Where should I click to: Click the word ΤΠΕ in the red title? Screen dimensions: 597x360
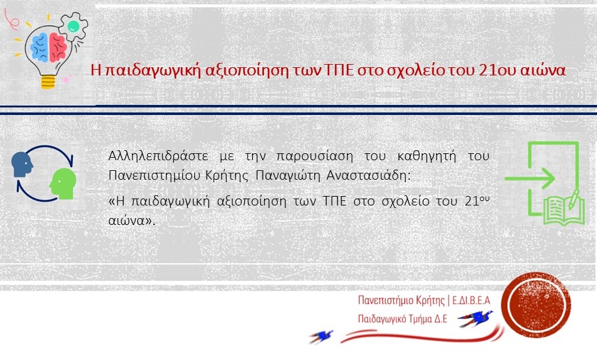(x=339, y=70)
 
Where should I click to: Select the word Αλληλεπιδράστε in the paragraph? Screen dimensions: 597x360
(x=158, y=156)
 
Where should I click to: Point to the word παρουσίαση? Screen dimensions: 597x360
(x=315, y=156)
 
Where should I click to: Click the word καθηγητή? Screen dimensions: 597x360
(x=427, y=156)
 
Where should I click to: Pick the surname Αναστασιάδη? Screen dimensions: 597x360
(x=368, y=175)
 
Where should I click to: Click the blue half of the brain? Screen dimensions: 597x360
(x=39, y=47)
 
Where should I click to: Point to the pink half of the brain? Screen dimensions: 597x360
(x=58, y=47)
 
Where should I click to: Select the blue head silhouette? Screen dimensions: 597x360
(x=22, y=165)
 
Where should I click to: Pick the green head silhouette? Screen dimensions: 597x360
(x=63, y=183)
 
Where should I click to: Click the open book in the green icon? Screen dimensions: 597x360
(x=564, y=210)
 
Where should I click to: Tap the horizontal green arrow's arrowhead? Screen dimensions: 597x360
(x=547, y=178)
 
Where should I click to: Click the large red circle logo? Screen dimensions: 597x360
(x=535, y=305)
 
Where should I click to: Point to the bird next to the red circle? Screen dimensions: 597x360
(x=475, y=318)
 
